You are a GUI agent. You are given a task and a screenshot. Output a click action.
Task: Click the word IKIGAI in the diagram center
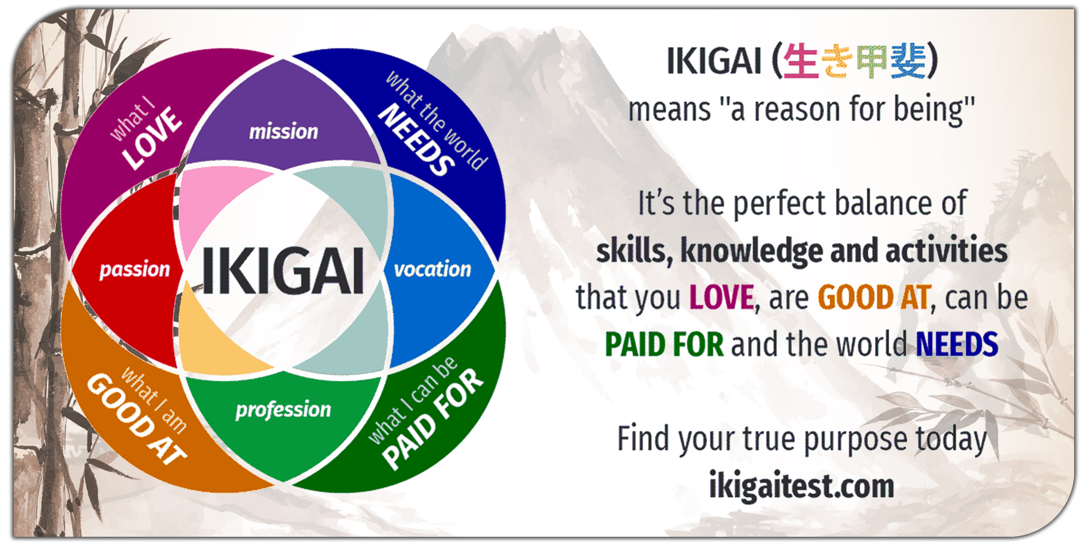(283, 271)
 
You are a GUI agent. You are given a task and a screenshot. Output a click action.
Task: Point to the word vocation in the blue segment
(433, 269)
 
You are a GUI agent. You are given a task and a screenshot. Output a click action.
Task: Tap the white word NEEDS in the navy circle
(416, 139)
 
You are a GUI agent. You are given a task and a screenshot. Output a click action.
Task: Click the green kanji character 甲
(872, 62)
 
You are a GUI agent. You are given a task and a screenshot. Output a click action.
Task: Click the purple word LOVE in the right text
(722, 297)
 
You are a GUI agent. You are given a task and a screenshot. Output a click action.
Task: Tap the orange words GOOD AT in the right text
(874, 297)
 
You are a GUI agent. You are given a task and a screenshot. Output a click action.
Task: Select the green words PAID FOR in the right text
(664, 344)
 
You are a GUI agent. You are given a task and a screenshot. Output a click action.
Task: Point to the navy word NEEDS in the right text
(957, 344)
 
